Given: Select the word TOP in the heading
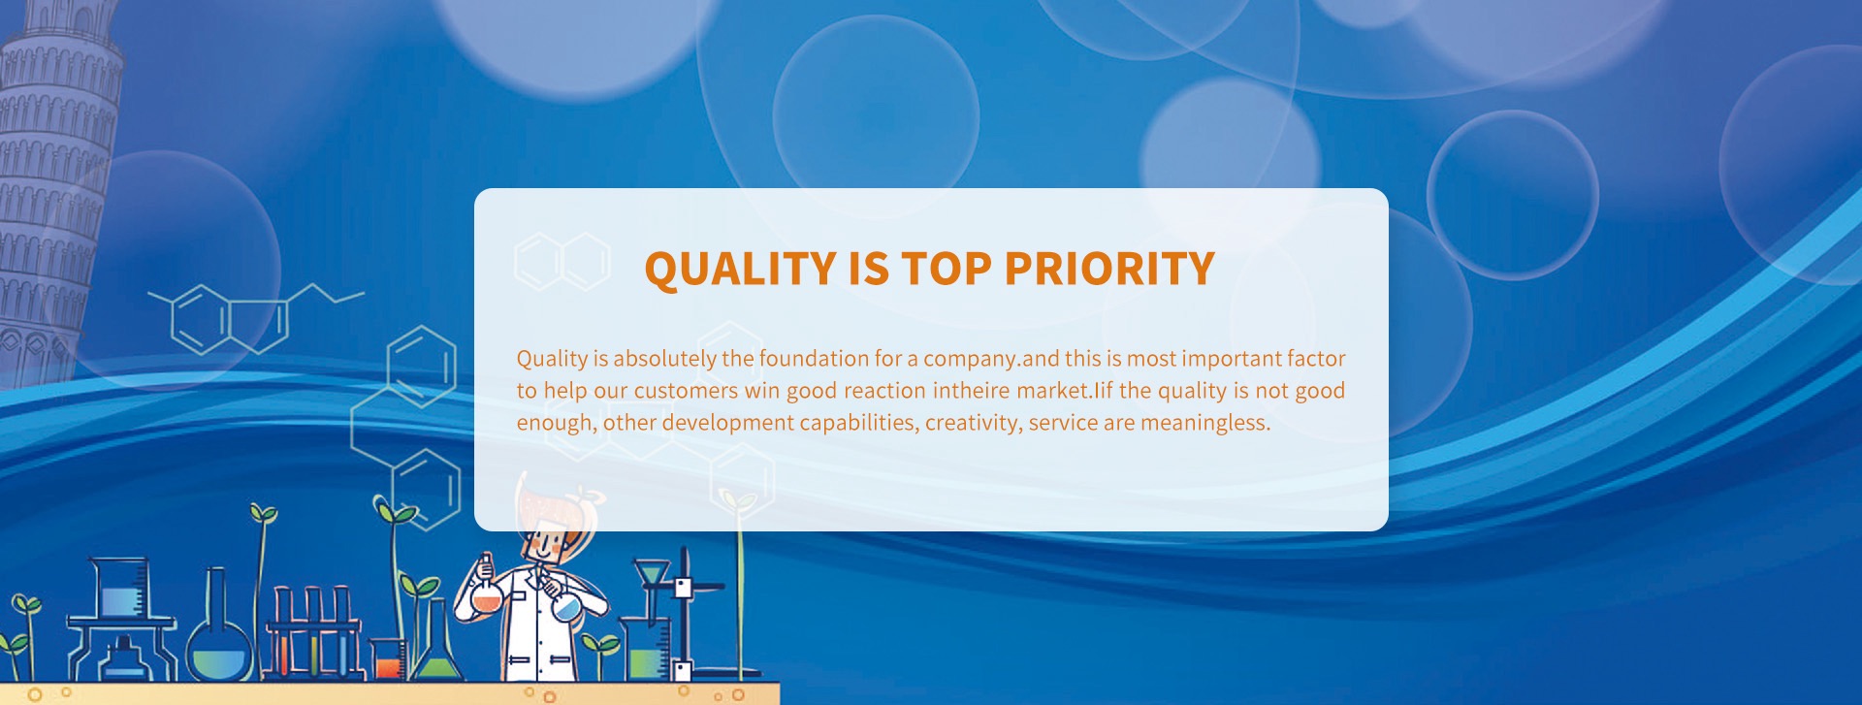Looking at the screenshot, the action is (x=946, y=269).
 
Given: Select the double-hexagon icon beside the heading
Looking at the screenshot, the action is (x=562, y=262).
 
